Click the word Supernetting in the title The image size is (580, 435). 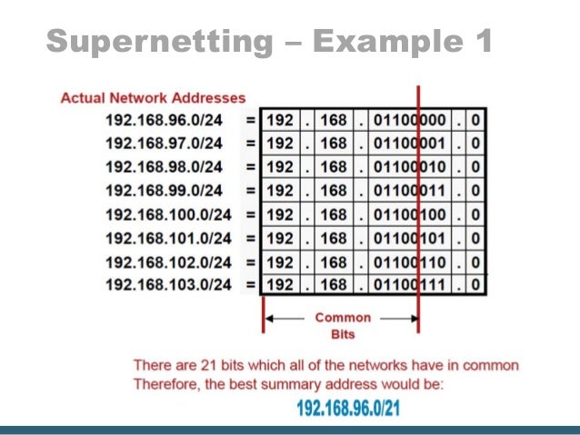tap(160, 41)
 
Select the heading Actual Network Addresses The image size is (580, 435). tap(153, 97)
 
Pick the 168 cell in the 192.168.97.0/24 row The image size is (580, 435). tap(335, 143)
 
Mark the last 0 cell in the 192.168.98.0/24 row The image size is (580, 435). tap(475, 167)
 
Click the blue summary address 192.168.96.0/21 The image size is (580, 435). tap(348, 408)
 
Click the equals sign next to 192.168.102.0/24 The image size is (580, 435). tap(249, 262)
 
